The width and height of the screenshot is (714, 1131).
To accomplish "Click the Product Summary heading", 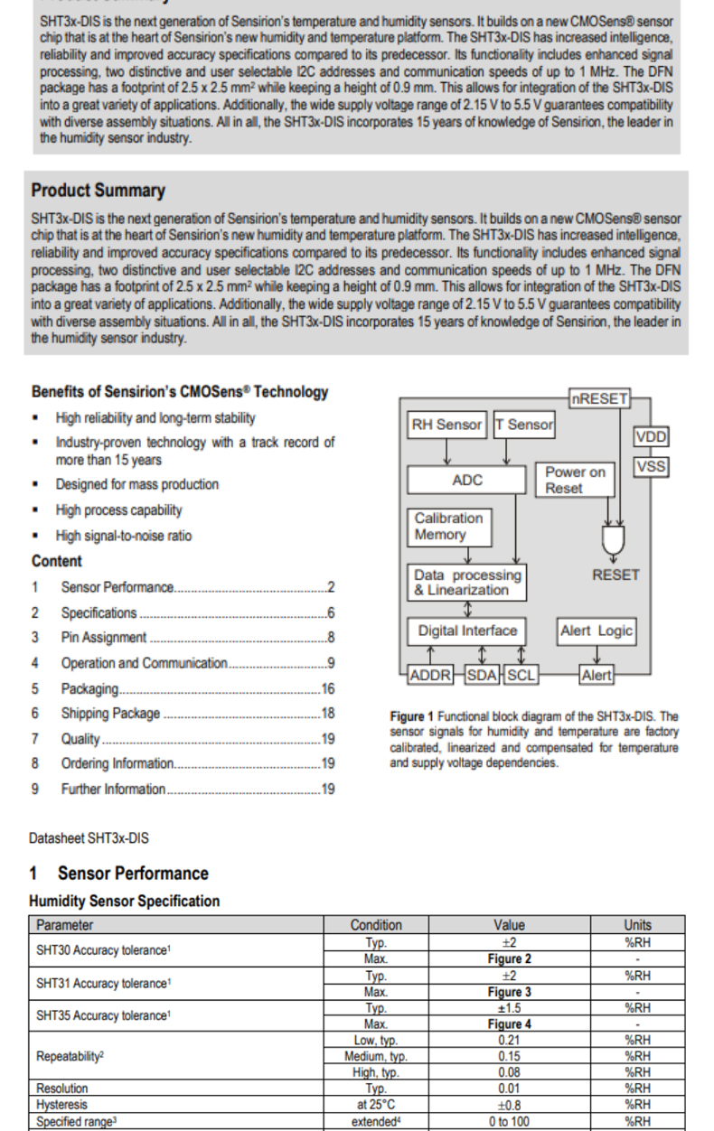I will pos(98,191).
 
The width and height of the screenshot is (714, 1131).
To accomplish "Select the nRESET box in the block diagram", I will pos(598,397).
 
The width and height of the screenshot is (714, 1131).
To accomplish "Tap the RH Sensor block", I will pos(447,425).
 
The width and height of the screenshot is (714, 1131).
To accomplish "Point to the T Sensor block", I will pos(524,425).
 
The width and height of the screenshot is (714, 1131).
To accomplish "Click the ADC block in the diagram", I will pos(466,480).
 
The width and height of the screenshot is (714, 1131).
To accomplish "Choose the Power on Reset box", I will pos(576,480).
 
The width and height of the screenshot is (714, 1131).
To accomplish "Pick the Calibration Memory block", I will pos(449,527).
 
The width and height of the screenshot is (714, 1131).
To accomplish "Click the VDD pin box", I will pos(651,437).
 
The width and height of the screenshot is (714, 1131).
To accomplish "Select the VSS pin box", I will pos(651,466).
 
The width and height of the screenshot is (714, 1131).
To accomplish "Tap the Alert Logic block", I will pos(597,631).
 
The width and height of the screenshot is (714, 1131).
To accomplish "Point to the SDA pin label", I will pos(483,675).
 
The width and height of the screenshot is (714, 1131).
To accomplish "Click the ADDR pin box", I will pos(431,675).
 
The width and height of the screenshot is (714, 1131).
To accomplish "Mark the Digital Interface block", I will pos(467,631).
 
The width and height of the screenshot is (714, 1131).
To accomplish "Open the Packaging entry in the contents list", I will pos(89,688).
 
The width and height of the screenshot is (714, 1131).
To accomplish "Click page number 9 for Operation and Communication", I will pos(332,663).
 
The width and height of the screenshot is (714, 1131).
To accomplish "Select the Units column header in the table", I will pos(637,925).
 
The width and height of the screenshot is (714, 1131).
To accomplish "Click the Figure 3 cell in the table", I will pos(509,992).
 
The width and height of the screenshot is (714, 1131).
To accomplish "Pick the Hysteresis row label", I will pos(61,1104).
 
